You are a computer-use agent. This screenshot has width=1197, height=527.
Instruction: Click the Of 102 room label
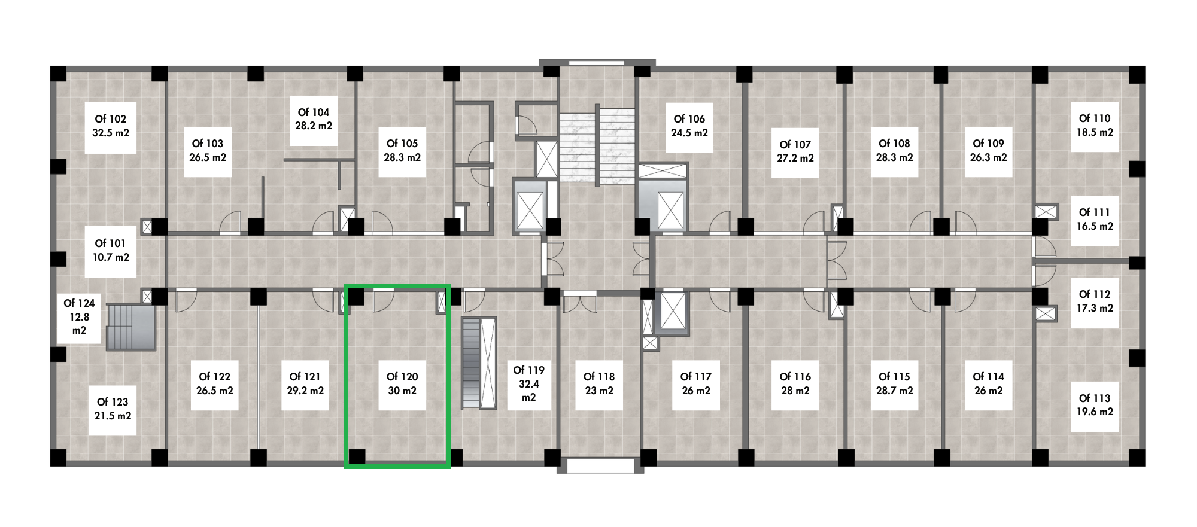[111, 126]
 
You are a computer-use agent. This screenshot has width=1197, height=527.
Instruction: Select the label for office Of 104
[314, 119]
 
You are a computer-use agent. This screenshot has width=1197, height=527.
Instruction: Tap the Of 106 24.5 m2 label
[689, 126]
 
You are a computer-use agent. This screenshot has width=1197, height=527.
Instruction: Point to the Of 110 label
[1095, 126]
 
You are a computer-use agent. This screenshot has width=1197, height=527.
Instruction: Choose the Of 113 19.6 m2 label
[1095, 405]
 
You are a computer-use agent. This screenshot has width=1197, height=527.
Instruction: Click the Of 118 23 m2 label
[599, 383]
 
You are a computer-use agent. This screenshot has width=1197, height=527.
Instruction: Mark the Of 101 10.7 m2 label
[111, 251]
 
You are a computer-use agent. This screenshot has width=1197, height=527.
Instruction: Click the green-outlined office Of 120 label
[402, 383]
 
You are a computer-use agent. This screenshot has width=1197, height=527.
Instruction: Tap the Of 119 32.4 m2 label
[529, 383]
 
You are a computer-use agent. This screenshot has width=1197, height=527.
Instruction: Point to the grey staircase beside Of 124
[131, 327]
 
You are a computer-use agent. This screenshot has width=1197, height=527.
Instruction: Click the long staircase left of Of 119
[479, 363]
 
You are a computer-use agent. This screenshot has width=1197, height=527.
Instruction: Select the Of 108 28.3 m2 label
[895, 150]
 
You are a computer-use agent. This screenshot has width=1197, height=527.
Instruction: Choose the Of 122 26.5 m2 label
[215, 383]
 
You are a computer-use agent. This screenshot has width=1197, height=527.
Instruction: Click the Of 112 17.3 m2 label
[1095, 301]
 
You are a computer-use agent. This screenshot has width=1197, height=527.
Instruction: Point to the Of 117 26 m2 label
[696, 383]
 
